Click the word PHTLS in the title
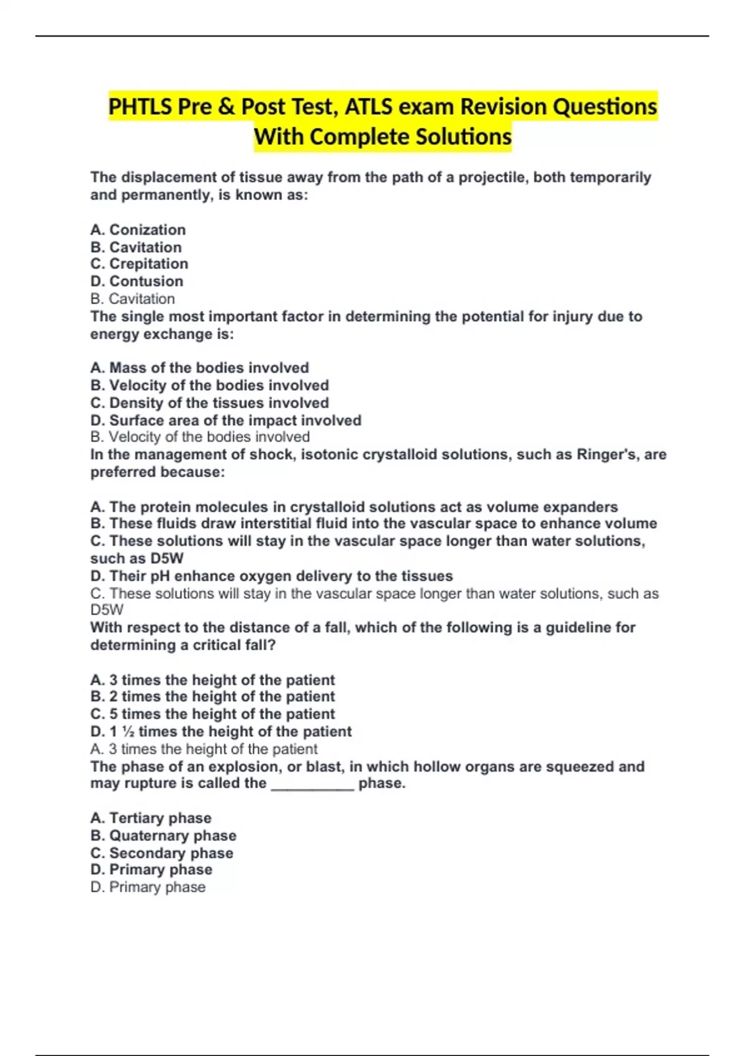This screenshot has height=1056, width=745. (140, 107)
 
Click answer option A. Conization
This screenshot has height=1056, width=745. (138, 230)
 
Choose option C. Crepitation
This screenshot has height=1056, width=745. (139, 264)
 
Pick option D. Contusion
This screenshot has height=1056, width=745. (137, 281)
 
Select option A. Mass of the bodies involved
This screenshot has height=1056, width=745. (199, 368)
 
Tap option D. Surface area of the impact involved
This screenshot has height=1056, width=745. (225, 421)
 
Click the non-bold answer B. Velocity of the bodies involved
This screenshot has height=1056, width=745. (199, 437)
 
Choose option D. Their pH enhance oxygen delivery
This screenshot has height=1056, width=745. (271, 576)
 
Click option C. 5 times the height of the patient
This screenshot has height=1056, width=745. (212, 714)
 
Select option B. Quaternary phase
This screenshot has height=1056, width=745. (163, 836)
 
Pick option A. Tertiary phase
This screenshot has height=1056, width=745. (151, 818)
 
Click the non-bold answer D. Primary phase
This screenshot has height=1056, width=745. (148, 888)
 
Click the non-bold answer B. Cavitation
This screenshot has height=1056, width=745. (132, 299)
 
